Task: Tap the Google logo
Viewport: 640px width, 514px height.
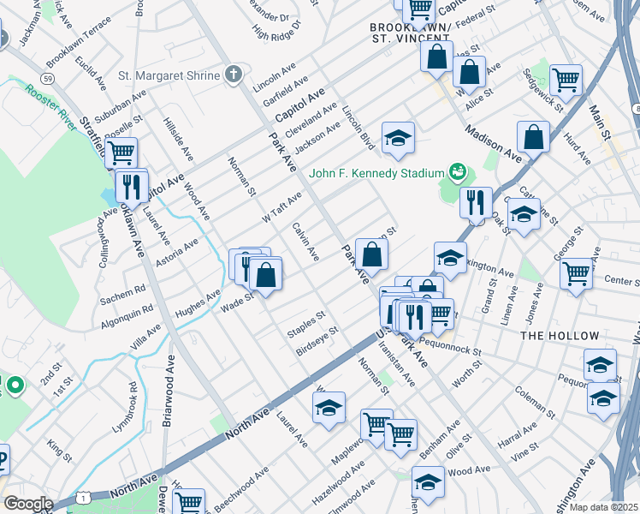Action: click(x=27, y=504)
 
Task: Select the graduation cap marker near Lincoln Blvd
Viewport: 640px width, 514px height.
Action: click(x=397, y=138)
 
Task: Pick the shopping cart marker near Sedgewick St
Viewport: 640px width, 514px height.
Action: click(x=566, y=80)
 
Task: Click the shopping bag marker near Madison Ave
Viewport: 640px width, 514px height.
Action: click(x=533, y=137)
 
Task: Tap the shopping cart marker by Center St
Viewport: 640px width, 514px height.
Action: click(x=576, y=274)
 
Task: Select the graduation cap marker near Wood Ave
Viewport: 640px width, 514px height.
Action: click(x=428, y=481)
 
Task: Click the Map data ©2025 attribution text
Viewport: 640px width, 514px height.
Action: click(x=603, y=507)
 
